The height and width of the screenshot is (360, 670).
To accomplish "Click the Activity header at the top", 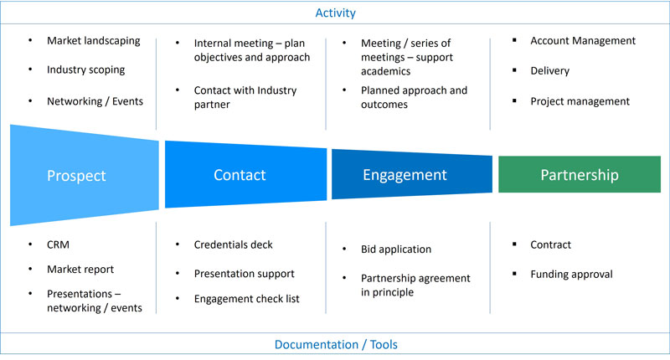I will pos(334,13).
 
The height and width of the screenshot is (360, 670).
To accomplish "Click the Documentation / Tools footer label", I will pos(334,345).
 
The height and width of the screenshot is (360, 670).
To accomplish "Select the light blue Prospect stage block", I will pos(77,176).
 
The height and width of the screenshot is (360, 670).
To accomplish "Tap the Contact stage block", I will pos(240,175).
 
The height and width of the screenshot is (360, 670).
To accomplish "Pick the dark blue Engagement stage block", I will pos(405,175).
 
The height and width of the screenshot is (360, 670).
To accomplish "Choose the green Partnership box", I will pos(579,175).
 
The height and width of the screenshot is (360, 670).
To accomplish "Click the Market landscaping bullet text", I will pos(94,40).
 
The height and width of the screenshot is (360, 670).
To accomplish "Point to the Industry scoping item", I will pos(85,69).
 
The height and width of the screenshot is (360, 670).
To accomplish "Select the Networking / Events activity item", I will pos(95,101).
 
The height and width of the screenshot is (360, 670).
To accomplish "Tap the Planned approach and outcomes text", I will pos(414,97).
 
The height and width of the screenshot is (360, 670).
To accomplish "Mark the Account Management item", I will pos(583,40).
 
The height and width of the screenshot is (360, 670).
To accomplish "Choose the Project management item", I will pos(580,101).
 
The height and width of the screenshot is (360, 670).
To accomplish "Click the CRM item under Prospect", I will pos(59,244).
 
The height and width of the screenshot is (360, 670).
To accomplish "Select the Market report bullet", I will pos(80,269).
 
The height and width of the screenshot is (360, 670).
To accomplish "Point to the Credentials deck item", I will pos(233,244).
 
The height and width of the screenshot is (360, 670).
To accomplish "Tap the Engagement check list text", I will pos(246,299).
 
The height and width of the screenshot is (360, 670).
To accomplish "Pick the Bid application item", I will pos(395,249).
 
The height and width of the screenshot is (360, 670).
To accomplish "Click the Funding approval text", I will pos(571,274).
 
